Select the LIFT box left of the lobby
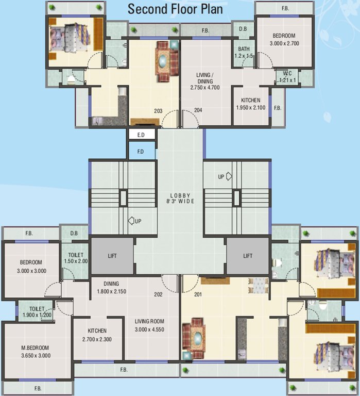click(x=112, y=256)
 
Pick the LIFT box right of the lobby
click(x=248, y=256)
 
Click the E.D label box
click(x=141, y=135)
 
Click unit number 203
click(x=158, y=110)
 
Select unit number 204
click(x=198, y=110)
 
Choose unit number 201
click(x=198, y=295)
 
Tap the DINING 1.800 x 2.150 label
click(x=111, y=287)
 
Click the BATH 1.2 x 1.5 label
click(x=244, y=52)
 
